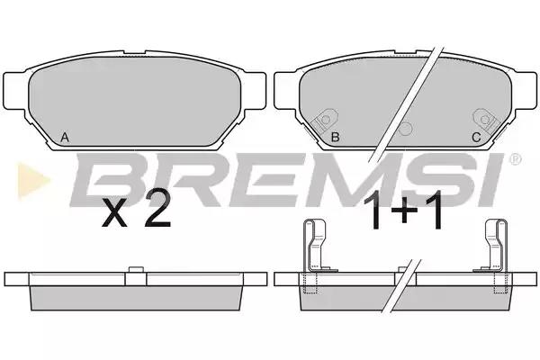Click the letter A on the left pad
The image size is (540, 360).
tap(65, 138)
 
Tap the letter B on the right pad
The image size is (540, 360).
tap(335, 137)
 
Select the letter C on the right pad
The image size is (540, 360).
tap(476, 138)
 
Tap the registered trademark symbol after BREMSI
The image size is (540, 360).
tap(514, 159)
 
